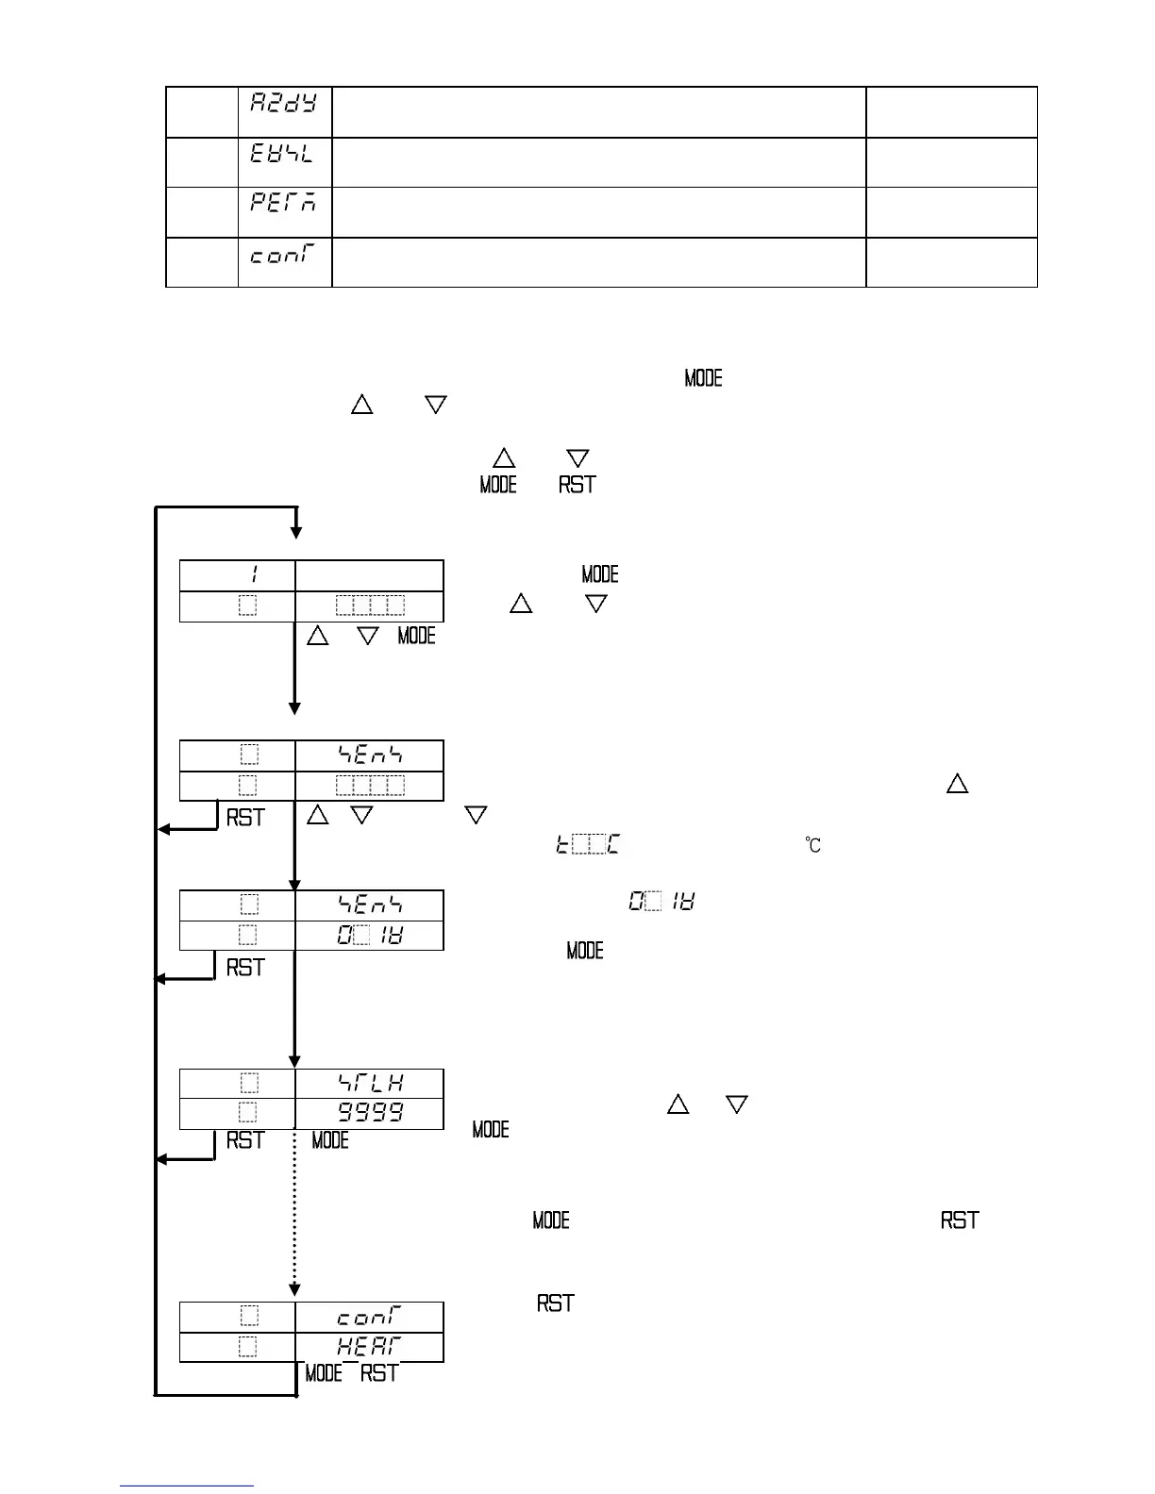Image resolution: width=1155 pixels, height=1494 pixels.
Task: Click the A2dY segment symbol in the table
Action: pos(283,102)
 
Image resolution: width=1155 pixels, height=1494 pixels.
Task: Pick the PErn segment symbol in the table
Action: pos(283,203)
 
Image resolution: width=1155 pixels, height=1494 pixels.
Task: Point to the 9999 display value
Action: pos(371,1113)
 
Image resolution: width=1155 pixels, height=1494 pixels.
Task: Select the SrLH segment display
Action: pos(371,1083)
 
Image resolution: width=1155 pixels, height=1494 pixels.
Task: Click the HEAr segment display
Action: pos(369,1347)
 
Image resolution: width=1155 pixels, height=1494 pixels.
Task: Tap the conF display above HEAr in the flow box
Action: pos(369,1316)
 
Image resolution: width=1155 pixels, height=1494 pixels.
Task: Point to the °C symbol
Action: pos(812,845)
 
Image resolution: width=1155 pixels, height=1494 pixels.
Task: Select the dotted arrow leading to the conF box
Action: pos(294,1217)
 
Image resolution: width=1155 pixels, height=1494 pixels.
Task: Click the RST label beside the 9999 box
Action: pos(245,1140)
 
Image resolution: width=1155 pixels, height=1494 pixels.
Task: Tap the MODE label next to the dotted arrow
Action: pos(330,1140)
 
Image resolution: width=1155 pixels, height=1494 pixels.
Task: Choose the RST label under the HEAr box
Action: pos(379,1373)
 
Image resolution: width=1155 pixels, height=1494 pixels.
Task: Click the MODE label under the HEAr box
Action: pos(324,1373)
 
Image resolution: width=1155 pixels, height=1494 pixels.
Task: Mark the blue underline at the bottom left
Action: pos(186,1486)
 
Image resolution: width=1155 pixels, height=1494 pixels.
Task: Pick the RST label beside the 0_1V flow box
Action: pos(245,968)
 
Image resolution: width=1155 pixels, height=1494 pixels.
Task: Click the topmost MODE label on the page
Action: pos(703,378)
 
